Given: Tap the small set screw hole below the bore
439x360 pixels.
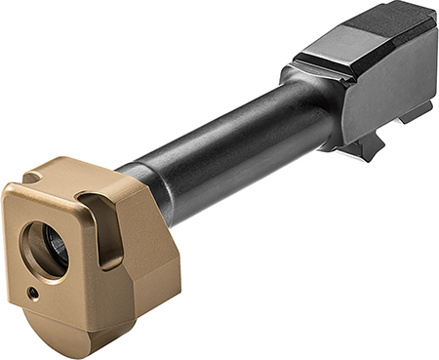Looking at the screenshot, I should (33, 292).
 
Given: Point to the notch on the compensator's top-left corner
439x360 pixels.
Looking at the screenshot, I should (32, 180).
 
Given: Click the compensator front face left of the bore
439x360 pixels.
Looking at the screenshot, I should (17, 249).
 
